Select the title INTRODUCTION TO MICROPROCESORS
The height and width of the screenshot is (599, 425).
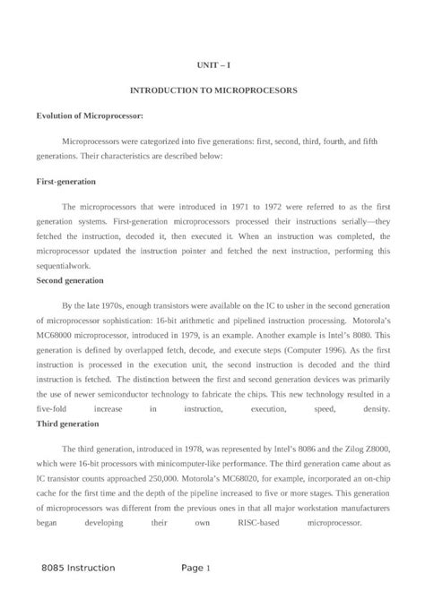[x=212, y=91]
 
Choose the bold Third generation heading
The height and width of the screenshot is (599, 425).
[x=69, y=423]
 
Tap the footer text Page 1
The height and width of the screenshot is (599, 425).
[x=195, y=568]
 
